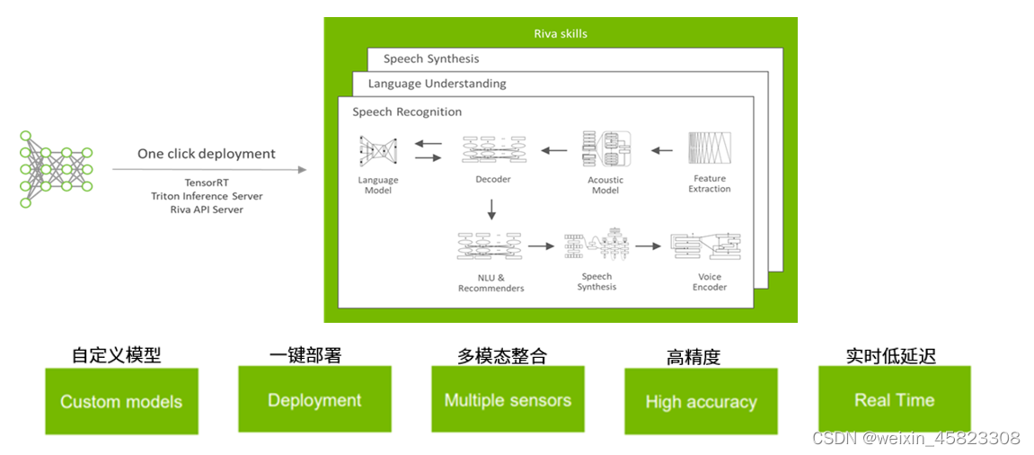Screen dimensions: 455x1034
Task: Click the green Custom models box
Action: [121, 401]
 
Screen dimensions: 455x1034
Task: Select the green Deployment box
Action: [314, 400]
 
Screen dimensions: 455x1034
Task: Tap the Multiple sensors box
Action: [508, 400]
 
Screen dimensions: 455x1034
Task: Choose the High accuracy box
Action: [701, 402]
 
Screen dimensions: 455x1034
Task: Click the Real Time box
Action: [894, 400]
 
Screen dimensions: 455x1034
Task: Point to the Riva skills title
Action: [561, 34]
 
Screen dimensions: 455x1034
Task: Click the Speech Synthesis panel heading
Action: [431, 58]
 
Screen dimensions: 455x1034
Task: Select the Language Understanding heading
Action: [437, 84]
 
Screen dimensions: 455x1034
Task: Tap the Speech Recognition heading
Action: [407, 112]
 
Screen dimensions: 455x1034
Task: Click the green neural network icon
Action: [56, 169]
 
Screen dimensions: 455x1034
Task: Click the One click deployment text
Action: [207, 154]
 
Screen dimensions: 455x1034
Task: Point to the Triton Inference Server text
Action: [207, 196]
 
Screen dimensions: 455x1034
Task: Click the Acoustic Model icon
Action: [605, 150]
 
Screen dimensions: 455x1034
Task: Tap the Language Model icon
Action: [377, 151]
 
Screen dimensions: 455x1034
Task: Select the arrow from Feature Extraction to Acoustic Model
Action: [661, 150]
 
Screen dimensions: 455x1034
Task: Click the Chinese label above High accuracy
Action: [694, 357]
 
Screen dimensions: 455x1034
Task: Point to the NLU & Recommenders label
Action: [490, 282]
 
